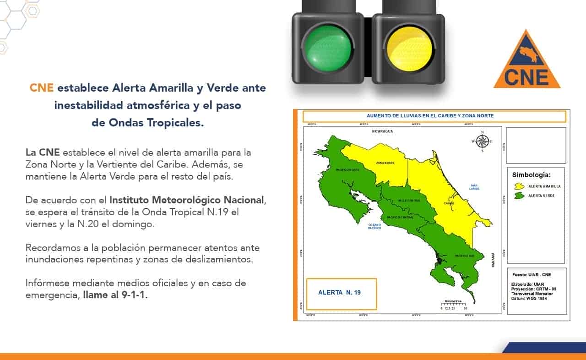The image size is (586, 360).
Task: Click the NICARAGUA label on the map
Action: coord(383,131)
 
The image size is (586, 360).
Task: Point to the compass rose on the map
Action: coord(482,141)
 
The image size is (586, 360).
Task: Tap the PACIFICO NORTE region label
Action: coord(348,169)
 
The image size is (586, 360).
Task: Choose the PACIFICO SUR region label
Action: coord(464,256)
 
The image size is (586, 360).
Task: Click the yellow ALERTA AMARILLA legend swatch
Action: coord(519,186)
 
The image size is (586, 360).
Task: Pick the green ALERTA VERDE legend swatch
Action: coord(519,196)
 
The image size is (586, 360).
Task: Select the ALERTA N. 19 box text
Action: coord(339,292)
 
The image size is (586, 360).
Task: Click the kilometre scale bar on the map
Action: coord(453,304)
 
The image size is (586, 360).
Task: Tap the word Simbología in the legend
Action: coord(531,175)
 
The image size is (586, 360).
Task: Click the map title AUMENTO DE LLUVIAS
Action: coord(430,116)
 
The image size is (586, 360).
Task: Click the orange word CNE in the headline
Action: coord(42,87)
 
